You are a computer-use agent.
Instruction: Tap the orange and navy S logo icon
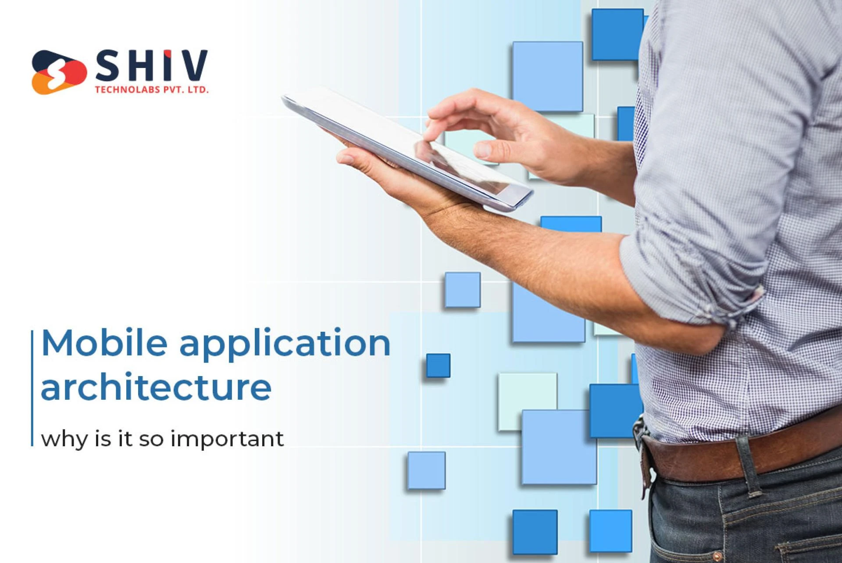pyautogui.click(x=58, y=72)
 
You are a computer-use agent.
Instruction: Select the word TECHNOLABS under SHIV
pyautogui.click(x=128, y=90)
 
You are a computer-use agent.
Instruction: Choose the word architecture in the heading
pyautogui.click(x=156, y=387)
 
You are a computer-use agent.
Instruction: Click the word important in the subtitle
pyautogui.click(x=227, y=439)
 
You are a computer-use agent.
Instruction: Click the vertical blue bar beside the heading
pyautogui.click(x=32, y=388)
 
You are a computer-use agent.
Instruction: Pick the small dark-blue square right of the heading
pyautogui.click(x=438, y=366)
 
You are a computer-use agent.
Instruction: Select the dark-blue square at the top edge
pyautogui.click(x=616, y=34)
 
